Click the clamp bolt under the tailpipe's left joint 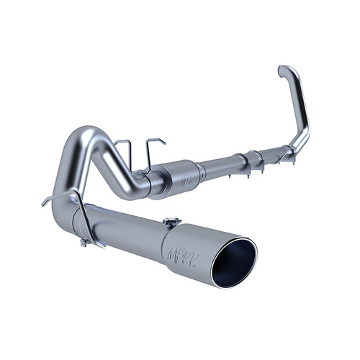click(84, 243)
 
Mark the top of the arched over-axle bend click(94, 132)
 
